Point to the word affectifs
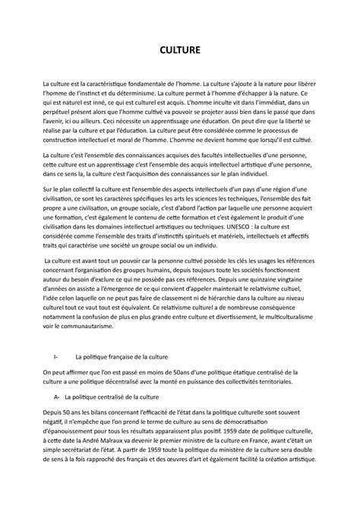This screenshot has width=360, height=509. click(x=294, y=236)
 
